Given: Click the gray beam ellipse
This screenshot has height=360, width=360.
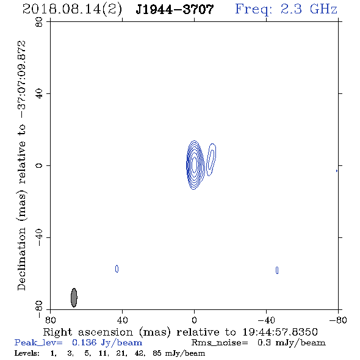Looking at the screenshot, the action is [x=74, y=298].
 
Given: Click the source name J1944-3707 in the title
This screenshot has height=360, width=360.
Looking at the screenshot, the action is [x=175, y=9].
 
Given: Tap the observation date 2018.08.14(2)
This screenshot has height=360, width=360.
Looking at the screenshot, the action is [x=72, y=10].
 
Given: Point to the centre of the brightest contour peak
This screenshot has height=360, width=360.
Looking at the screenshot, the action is [x=194, y=165].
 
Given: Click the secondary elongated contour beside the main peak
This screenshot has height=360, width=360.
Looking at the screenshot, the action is [x=211, y=160].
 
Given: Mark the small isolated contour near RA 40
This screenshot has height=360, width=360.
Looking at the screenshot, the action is [x=117, y=268].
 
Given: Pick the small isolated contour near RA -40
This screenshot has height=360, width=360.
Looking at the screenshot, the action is [x=277, y=270].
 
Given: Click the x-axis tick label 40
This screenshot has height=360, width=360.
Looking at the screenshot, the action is [x=122, y=320].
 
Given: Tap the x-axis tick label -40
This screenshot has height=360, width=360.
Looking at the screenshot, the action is [x=266, y=320].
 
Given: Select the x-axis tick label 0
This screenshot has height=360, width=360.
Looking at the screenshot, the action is [x=194, y=320].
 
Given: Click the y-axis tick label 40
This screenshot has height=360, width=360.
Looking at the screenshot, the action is [x=39, y=94].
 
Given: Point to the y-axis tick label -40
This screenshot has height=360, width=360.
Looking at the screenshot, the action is [x=39, y=237].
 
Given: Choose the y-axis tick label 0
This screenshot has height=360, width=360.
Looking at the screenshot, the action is [x=39, y=165].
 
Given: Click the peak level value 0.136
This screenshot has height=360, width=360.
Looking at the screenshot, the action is [x=84, y=342].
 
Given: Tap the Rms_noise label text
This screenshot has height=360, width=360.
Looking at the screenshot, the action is [x=220, y=343].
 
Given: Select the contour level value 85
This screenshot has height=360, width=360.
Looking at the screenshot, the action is [x=157, y=353].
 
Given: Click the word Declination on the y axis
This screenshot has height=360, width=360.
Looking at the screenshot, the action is [x=21, y=259].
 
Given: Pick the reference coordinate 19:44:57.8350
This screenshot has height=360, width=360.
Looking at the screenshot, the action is [x=280, y=332].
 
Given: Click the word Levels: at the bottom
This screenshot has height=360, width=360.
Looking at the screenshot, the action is [x=27, y=353].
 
